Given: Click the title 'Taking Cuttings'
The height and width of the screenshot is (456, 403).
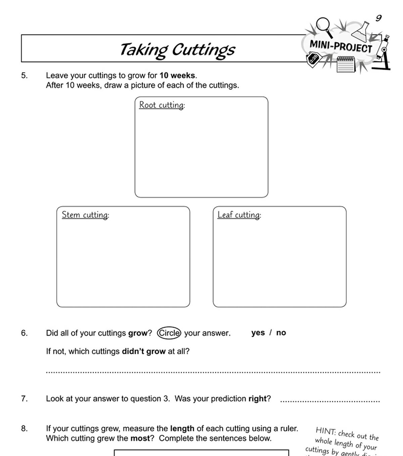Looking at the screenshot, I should pyautogui.click(x=177, y=50).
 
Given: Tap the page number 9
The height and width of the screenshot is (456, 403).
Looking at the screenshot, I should pyautogui.click(x=378, y=18).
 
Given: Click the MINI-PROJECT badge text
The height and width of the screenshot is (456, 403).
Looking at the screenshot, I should pyautogui.click(x=341, y=46).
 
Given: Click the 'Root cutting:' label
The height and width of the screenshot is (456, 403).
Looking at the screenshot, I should pyautogui.click(x=162, y=105).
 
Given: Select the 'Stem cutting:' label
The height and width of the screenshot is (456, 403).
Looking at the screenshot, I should pyautogui.click(x=85, y=215).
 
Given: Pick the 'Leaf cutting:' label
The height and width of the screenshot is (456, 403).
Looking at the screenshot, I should pyautogui.click(x=239, y=215).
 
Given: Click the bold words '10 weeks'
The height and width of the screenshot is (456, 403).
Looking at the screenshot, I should pyautogui.click(x=177, y=76).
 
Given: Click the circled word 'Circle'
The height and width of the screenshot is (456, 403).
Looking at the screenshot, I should pyautogui.click(x=169, y=333).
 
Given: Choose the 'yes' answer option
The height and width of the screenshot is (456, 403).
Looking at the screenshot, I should pyautogui.click(x=258, y=333).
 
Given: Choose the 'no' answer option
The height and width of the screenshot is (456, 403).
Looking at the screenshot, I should pyautogui.click(x=281, y=333).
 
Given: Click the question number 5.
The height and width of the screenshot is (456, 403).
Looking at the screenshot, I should pyautogui.click(x=24, y=76).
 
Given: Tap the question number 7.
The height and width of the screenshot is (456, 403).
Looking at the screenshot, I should pyautogui.click(x=24, y=399).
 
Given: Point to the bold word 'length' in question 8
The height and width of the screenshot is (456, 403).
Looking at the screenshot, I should pyautogui.click(x=182, y=428).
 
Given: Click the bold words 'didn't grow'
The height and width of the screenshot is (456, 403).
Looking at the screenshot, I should pyautogui.click(x=143, y=351).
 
